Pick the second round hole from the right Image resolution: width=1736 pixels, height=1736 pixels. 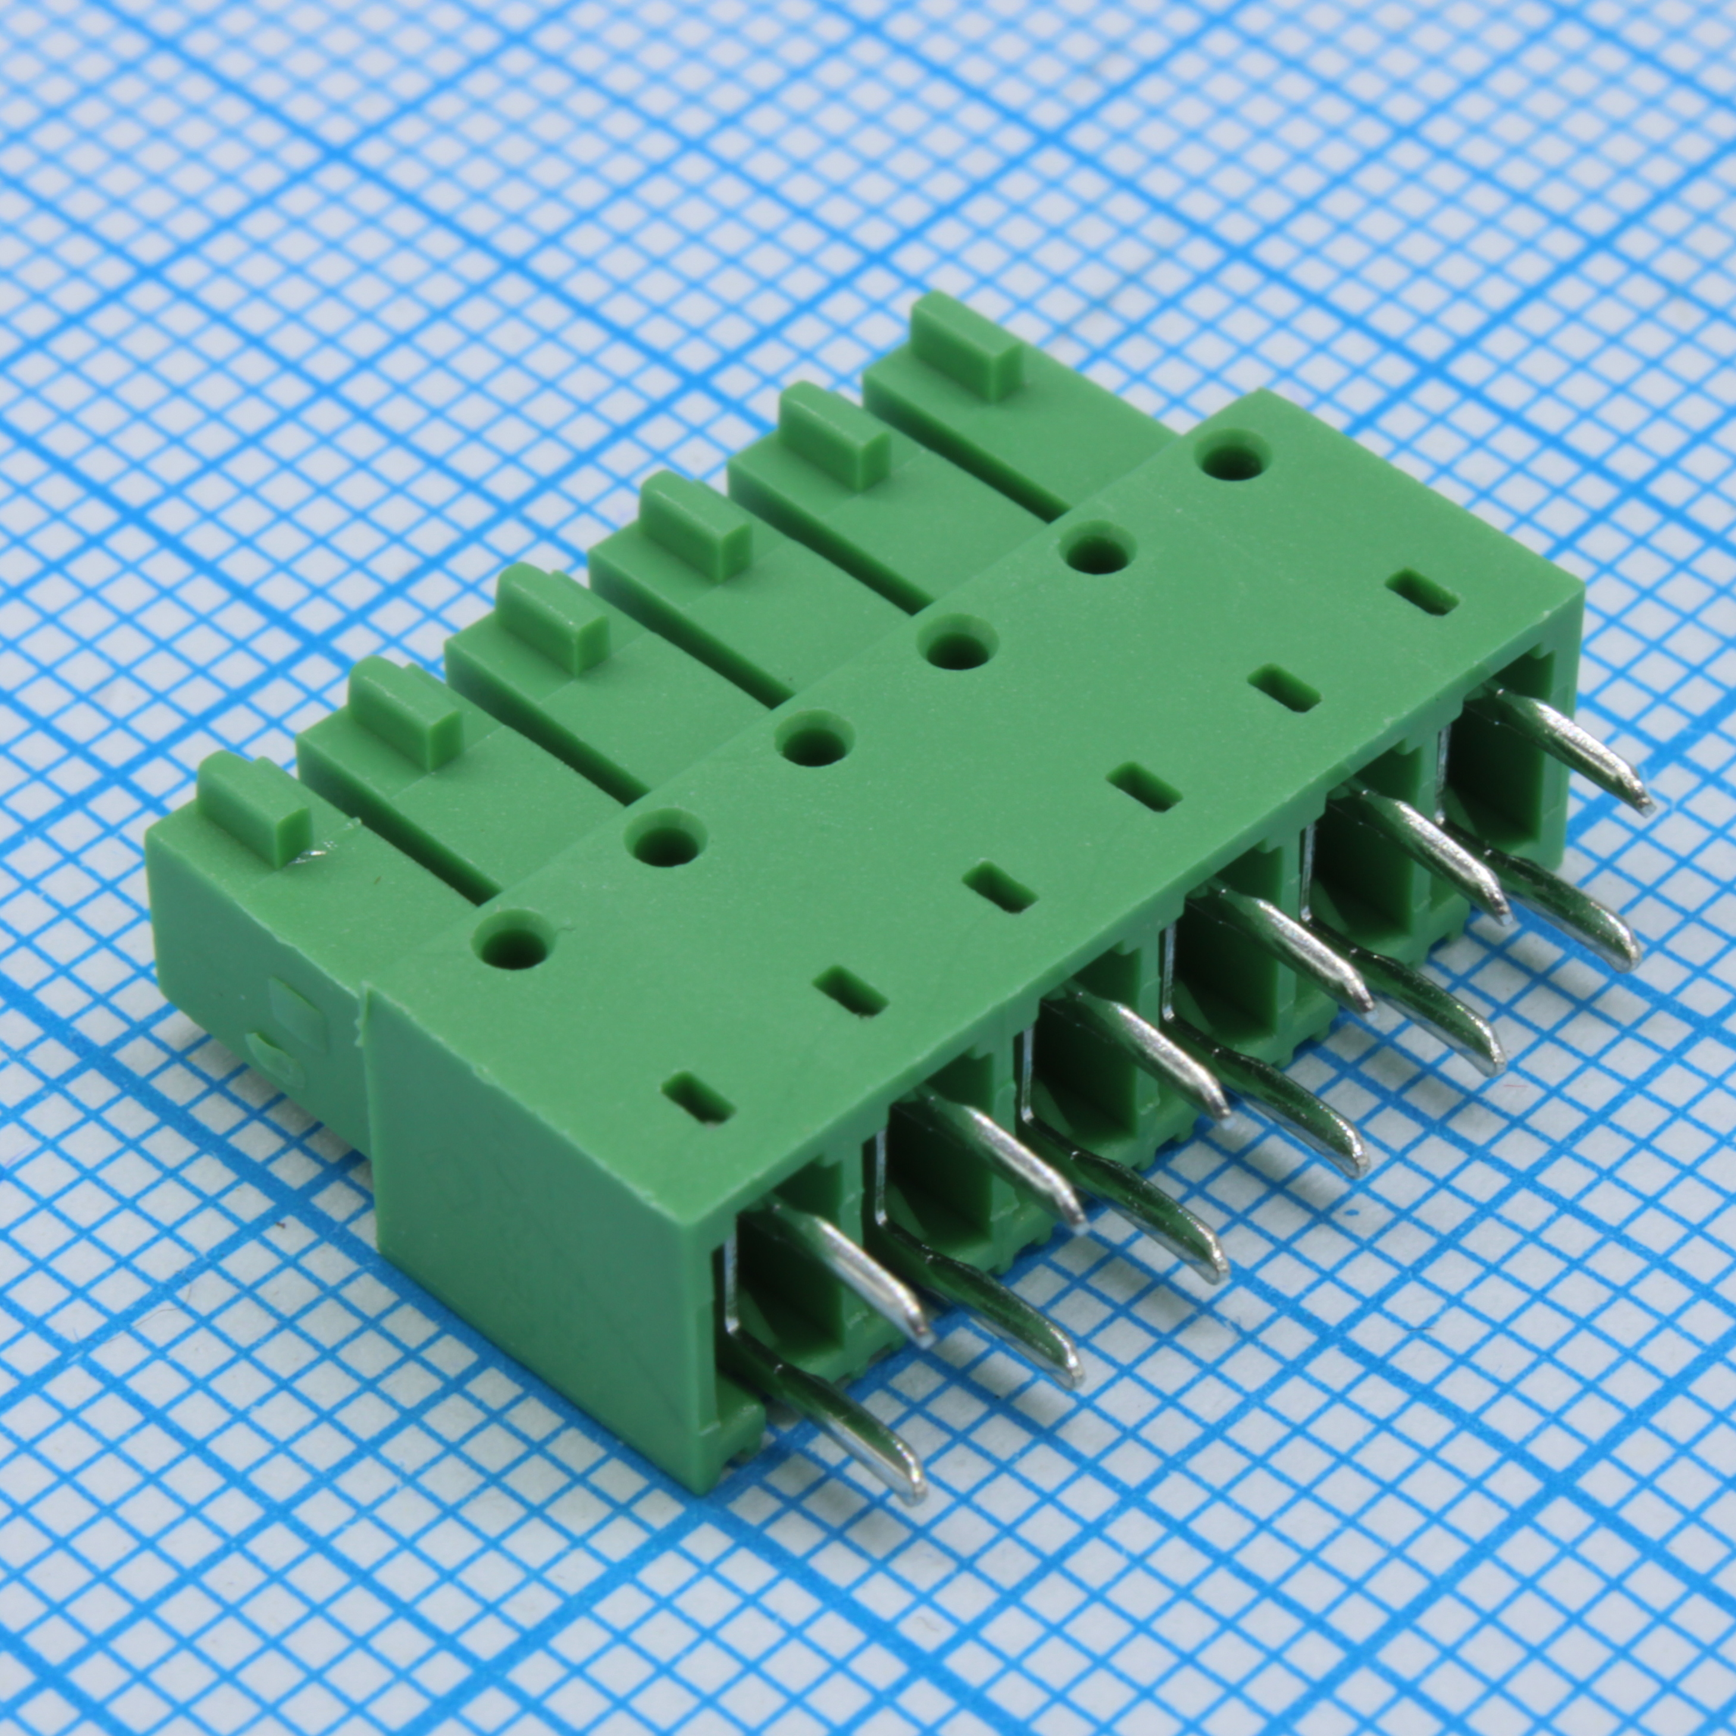click(x=1098, y=552)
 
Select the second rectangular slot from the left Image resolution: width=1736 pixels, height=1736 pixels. click(x=850, y=991)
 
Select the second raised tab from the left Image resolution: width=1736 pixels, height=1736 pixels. click(x=403, y=711)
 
